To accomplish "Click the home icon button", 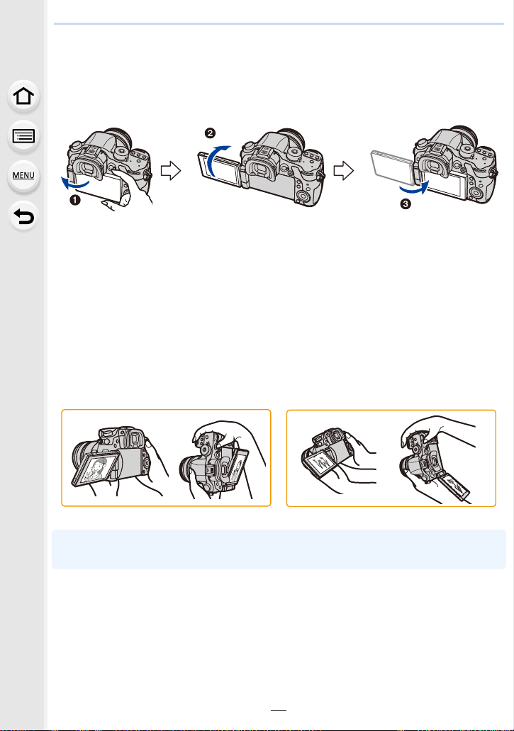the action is (x=23, y=96).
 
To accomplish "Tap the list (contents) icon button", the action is (x=23, y=136).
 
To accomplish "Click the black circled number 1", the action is (x=75, y=200).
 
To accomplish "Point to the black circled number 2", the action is (x=210, y=133).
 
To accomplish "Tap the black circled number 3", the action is (x=406, y=203).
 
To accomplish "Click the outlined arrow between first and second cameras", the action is (x=171, y=171).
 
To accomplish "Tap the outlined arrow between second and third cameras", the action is (x=344, y=171).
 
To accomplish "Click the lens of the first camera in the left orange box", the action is (x=84, y=457).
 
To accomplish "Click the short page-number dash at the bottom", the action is (x=279, y=710).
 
